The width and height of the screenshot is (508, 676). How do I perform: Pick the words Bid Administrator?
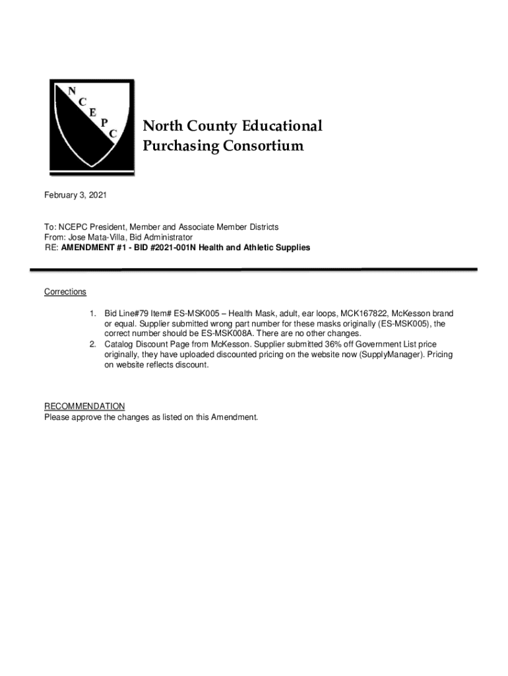click(163, 237)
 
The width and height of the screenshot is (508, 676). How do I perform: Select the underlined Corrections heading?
click(65, 292)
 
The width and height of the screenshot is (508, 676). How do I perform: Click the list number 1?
click(94, 313)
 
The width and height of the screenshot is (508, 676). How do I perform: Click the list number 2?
click(94, 345)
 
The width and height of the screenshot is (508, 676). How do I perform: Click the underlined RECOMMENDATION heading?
click(84, 406)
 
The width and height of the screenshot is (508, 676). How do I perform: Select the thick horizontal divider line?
click(253, 269)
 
